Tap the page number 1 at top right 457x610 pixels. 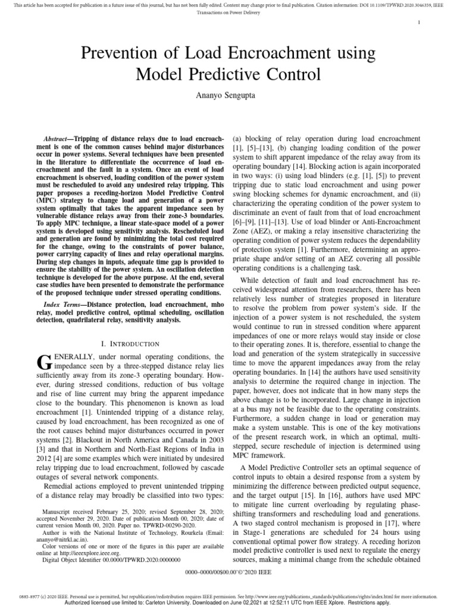pyautogui.click(x=420, y=23)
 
